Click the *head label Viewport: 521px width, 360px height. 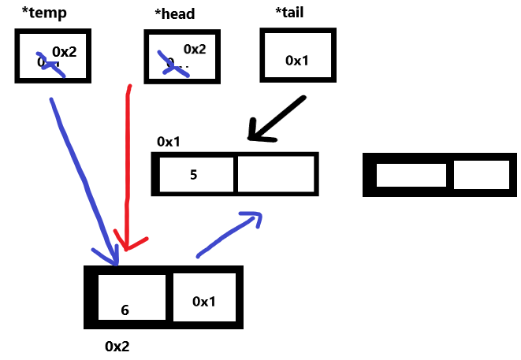pos(176,13)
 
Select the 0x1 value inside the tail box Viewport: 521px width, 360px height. pos(297,60)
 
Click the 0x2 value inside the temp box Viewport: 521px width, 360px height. pos(64,51)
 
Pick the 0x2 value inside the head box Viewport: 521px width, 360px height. pos(194,49)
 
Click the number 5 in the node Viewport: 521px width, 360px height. pos(193,174)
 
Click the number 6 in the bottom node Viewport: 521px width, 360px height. pos(125,310)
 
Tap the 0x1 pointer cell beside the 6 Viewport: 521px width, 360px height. pos(203,301)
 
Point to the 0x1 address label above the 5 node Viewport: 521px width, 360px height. pos(169,142)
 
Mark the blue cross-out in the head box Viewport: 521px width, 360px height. pos(174,65)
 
